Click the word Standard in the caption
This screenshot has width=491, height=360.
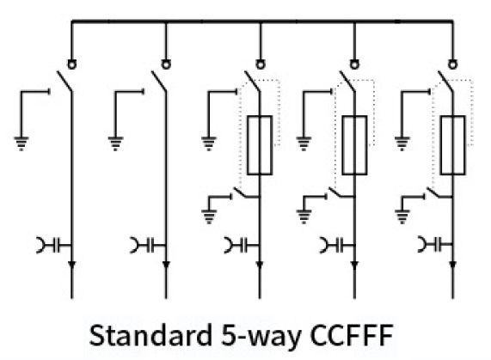(150, 335)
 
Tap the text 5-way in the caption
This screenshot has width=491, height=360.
(261, 337)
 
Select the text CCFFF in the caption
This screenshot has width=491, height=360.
(352, 335)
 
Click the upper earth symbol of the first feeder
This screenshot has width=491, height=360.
(21, 143)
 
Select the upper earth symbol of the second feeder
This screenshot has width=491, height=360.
(115, 143)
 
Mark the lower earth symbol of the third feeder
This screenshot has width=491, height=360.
(209, 217)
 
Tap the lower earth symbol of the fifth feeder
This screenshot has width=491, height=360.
(402, 217)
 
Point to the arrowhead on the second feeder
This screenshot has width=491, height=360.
(166, 265)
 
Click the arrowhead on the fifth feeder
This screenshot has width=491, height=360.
(452, 265)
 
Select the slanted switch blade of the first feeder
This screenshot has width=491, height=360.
(64, 82)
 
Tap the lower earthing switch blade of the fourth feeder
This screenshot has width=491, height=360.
(341, 192)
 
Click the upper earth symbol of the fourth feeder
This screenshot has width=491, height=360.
(304, 143)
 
